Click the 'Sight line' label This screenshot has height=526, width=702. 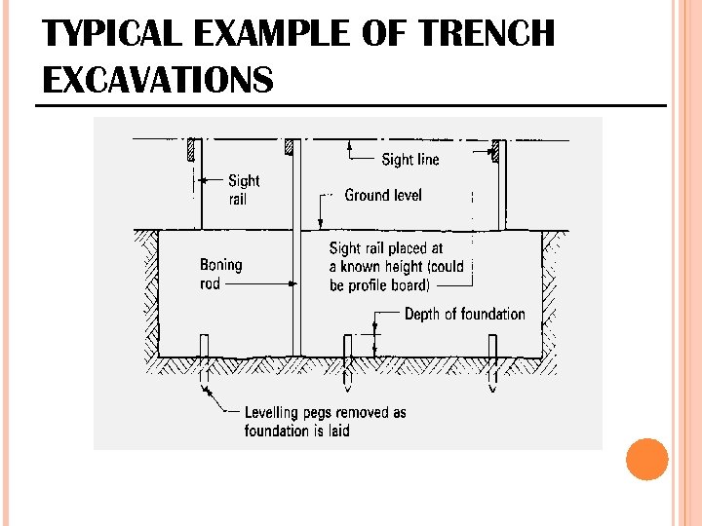point(409,160)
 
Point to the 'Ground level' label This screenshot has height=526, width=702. point(383,195)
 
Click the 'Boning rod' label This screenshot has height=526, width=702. point(220,274)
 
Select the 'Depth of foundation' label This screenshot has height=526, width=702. point(464,314)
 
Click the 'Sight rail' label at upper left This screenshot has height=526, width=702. point(244,189)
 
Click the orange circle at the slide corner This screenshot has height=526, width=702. point(646,459)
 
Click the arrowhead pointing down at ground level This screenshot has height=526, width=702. point(322,223)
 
